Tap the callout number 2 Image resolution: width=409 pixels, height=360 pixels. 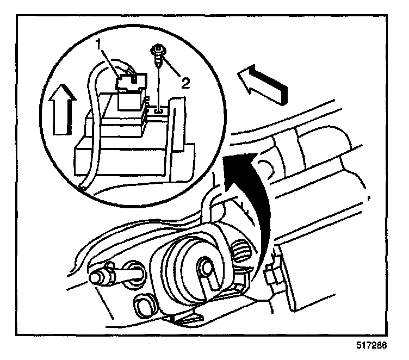185,83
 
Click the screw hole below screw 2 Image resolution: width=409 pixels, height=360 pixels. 157,110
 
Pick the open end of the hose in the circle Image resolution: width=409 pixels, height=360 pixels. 83,188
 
